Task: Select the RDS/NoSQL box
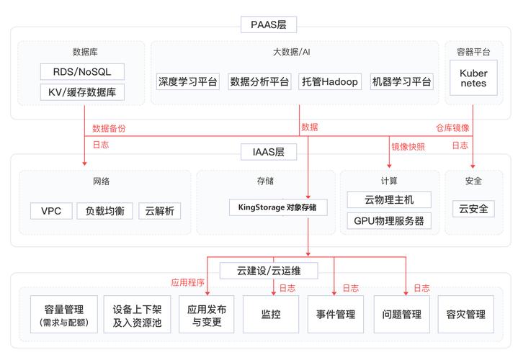coord(82,71)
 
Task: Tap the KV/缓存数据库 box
coord(82,92)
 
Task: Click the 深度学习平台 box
coord(187,81)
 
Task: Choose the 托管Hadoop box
coord(329,81)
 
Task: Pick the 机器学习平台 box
coord(402,81)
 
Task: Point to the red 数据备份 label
coord(109,128)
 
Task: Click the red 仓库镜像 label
coord(452,128)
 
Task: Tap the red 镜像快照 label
coord(408,146)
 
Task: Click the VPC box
coord(51,211)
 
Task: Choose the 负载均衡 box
coord(104,211)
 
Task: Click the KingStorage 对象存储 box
coord(277,207)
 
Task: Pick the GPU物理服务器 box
coord(388,220)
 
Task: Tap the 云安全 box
coord(473,210)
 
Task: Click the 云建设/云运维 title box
coord(269,271)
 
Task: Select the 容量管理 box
coord(63,315)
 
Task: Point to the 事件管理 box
coord(335,315)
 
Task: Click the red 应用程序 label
coord(188,283)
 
